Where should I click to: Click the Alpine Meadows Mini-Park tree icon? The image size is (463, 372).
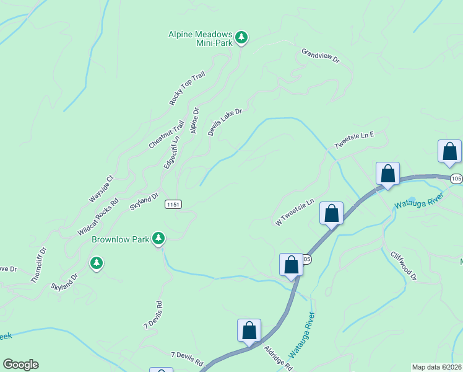click(x=241, y=38)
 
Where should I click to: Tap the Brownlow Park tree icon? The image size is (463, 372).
click(x=159, y=238)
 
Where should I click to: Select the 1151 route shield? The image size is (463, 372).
click(x=173, y=204)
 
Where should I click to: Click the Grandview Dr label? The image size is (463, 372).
click(x=321, y=56)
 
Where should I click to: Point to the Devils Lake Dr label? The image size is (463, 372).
click(x=224, y=122)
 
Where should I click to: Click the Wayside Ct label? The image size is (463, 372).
click(x=102, y=188)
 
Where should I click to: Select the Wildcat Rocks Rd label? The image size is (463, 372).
click(x=98, y=216)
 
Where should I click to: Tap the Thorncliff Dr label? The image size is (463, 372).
click(x=39, y=265)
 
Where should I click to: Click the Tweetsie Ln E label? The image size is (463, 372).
click(x=355, y=139)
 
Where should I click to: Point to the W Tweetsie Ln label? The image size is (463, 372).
click(x=295, y=211)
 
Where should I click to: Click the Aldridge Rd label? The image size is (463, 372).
click(x=278, y=358)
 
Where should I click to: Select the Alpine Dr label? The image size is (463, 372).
click(x=194, y=120)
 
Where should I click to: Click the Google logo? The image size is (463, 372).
click(x=20, y=365)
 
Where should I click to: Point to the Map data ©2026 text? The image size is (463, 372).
click(x=437, y=367)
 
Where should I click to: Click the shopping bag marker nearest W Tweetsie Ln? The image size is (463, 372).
click(x=331, y=214)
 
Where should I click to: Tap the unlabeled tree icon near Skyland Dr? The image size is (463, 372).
click(x=96, y=263)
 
